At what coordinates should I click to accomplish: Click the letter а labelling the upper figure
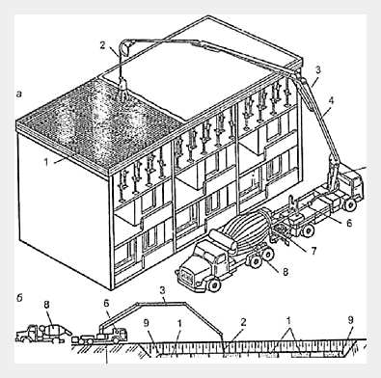(x=19, y=94)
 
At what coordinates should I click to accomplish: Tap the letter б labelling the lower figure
(x=19, y=298)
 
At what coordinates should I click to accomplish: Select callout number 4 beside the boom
(x=331, y=100)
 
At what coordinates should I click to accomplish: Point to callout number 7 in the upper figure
(x=313, y=250)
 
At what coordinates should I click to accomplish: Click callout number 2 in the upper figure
(x=102, y=45)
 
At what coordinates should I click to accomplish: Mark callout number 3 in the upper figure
(x=318, y=70)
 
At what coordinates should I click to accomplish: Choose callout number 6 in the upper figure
(x=349, y=223)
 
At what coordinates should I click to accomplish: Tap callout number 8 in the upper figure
(x=286, y=272)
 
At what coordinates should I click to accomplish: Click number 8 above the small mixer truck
(x=46, y=305)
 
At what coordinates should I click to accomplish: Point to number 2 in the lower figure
(x=243, y=322)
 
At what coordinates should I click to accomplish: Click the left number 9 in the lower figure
(x=147, y=323)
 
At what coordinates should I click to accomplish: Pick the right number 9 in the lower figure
(x=351, y=320)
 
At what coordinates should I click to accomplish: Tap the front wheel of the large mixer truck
(x=214, y=284)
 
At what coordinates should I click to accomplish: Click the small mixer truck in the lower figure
(x=43, y=334)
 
